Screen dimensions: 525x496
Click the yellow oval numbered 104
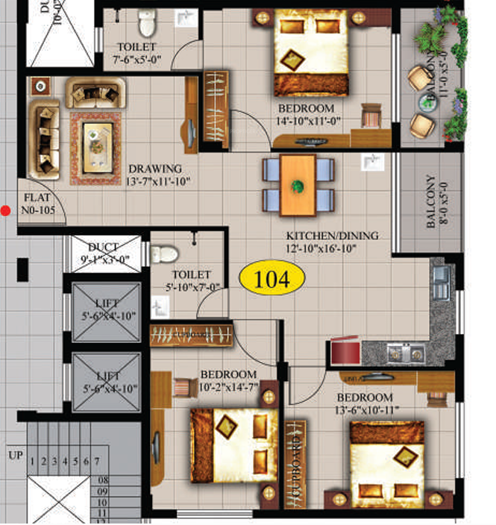coord(272,279)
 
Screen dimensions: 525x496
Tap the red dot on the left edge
coord(6,211)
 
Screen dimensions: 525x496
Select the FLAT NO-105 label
coord(38,204)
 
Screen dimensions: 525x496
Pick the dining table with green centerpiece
coord(298,184)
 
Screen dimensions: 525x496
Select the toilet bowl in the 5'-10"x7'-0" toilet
coord(165,254)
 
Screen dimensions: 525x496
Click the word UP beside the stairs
coord(15,453)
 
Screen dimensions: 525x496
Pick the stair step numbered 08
coord(103,480)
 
